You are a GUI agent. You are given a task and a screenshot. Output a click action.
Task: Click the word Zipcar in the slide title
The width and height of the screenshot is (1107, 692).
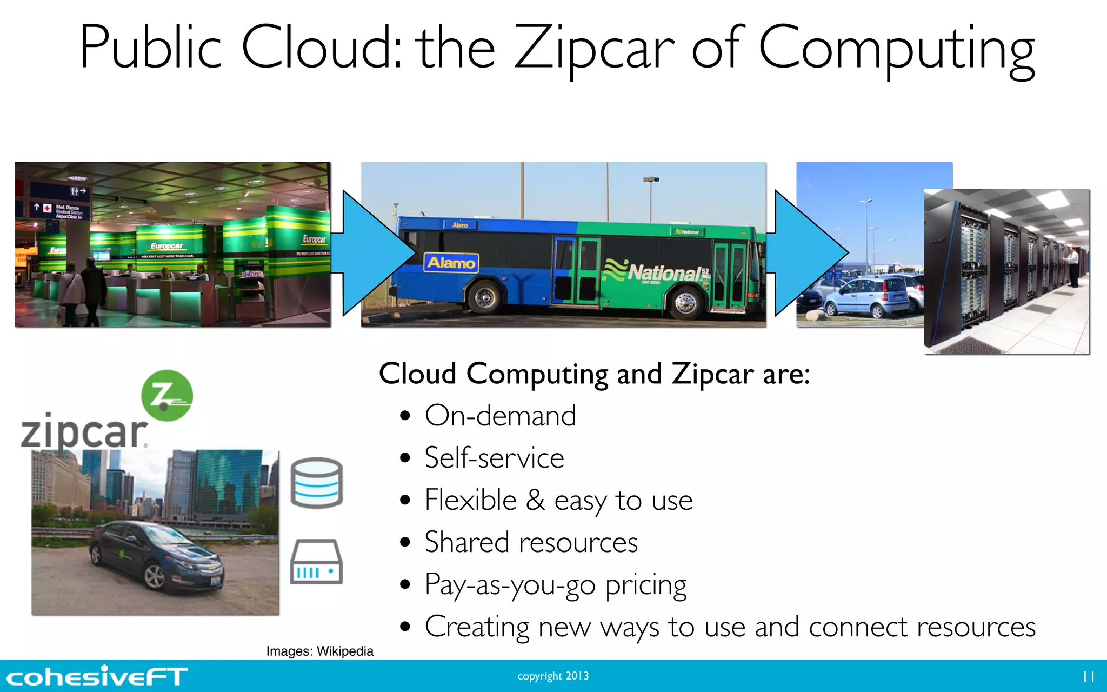[x=595, y=49]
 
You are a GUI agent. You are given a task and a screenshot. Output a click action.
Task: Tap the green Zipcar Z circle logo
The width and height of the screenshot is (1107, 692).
[x=166, y=396]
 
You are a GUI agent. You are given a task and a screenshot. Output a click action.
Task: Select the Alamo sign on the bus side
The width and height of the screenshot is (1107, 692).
[x=451, y=263]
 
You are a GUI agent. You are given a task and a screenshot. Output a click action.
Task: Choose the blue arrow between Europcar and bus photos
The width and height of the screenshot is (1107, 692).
[x=373, y=253]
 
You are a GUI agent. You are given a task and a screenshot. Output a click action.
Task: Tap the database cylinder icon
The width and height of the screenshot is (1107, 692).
[x=317, y=483]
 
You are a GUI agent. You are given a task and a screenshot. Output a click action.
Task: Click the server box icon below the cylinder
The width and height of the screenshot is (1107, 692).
[x=317, y=562]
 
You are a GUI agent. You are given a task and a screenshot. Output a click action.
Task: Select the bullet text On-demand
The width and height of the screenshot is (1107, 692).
[x=500, y=416]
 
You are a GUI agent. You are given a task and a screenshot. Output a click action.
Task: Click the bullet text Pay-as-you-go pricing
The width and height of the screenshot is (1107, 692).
[x=555, y=585]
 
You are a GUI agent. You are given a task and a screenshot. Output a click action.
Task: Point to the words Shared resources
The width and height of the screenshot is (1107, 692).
[x=531, y=542]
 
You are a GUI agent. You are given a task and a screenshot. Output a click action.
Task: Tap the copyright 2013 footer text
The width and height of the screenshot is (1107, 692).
[x=553, y=676]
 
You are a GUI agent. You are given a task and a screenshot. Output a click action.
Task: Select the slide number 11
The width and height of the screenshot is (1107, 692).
[x=1088, y=676]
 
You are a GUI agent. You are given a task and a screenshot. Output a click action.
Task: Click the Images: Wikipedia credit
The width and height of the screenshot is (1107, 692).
[x=319, y=651]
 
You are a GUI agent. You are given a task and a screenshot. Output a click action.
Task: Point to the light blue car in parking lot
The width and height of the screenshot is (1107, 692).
[x=865, y=297]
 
